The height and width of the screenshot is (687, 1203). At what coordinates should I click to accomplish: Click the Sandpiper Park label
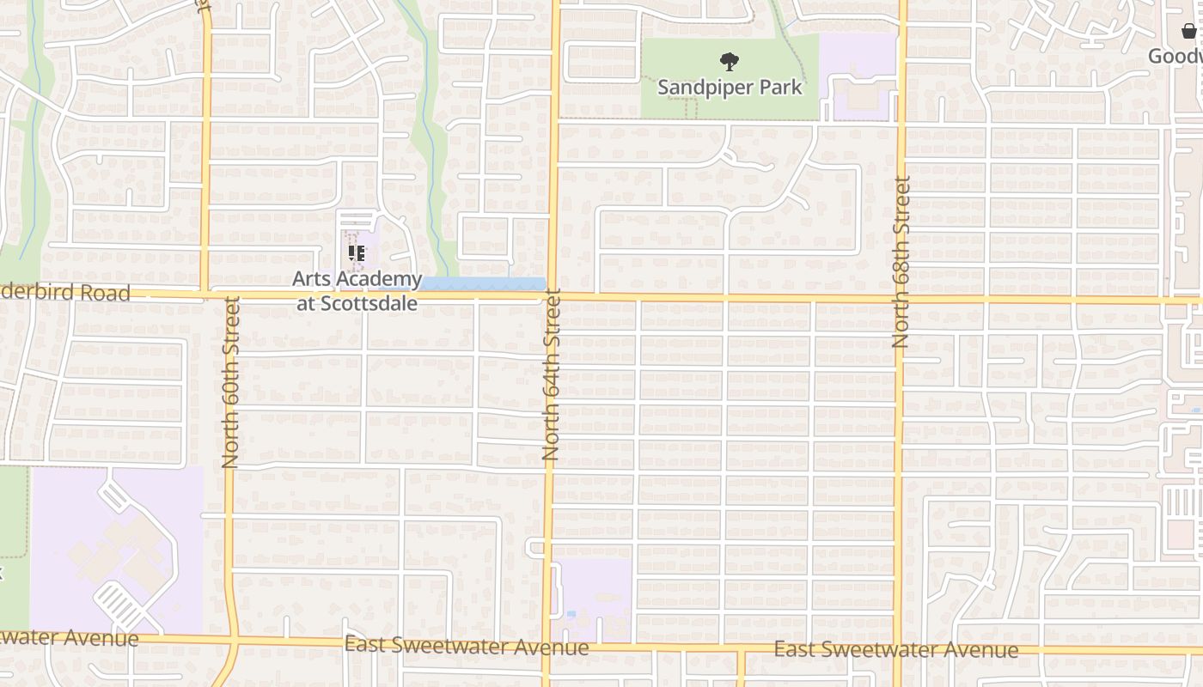[730, 87]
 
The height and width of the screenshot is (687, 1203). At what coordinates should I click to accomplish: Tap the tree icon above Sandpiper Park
[730, 61]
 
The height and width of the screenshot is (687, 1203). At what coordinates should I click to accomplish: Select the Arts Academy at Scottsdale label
[357, 291]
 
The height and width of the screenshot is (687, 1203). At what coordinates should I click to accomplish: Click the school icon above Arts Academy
[357, 253]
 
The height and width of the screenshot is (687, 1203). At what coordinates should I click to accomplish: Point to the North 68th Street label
[901, 262]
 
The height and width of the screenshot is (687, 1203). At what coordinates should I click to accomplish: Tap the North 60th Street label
[229, 383]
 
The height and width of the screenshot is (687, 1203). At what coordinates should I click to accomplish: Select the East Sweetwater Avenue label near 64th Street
[467, 646]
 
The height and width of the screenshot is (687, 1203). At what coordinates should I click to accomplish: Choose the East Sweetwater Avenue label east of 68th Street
[895, 649]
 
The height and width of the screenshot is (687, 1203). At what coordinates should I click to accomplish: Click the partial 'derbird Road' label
[65, 293]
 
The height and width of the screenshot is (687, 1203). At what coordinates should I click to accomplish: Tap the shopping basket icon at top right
[1189, 33]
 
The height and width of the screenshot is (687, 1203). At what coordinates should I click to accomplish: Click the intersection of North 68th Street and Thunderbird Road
[900, 300]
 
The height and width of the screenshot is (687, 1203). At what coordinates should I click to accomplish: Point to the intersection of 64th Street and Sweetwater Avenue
[546, 644]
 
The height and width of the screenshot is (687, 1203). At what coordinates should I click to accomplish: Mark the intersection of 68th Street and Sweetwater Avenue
[897, 647]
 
